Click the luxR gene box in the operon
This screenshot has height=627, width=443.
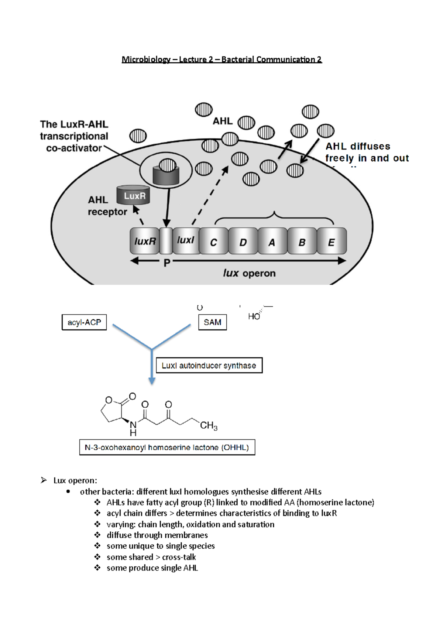144,241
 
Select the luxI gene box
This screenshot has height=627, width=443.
186,241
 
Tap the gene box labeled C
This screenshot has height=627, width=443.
213,241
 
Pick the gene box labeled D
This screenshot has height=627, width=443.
243,241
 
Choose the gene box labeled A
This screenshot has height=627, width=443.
272,241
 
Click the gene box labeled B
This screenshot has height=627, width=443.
302,241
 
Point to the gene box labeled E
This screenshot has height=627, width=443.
332,241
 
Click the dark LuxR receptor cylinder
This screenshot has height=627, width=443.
133,195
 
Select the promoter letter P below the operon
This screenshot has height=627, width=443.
167,263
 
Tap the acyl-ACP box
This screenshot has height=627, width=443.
84,322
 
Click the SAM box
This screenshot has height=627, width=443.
212,322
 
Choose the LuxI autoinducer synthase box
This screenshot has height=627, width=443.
209,366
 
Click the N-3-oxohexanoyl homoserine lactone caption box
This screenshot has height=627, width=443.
167,448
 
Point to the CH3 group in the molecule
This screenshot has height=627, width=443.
209,426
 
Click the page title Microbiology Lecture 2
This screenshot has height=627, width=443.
221,59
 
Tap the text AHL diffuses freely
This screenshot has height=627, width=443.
367,152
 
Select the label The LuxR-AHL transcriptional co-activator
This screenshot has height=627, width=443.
74,136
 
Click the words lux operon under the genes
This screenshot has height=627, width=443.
249,273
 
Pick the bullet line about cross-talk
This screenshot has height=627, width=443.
151,557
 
